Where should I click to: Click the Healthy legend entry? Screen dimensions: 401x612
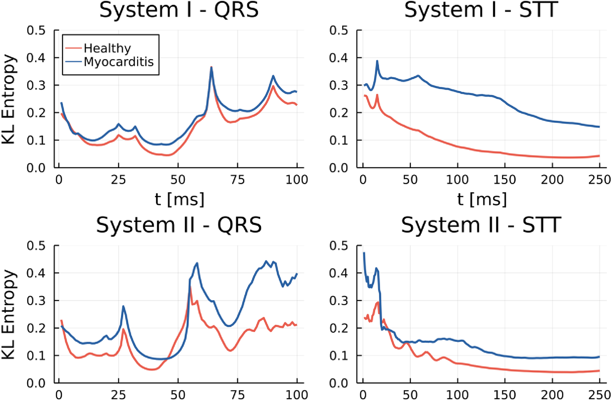point(107,48)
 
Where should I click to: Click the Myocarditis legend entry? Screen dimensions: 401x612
point(118,62)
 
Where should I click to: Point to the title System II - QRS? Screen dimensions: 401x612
point(179,225)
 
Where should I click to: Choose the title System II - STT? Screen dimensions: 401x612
point(482,225)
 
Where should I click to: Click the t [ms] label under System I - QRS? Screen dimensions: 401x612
point(179,199)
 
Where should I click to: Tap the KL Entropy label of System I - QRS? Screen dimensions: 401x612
point(9,99)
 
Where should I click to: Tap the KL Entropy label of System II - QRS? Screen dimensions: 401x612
point(9,314)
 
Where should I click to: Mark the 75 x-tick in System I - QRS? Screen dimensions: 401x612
point(238,180)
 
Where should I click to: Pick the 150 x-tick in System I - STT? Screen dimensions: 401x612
point(505,180)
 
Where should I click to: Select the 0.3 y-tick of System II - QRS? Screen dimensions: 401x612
point(36,300)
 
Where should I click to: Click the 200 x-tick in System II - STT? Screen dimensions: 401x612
point(552,395)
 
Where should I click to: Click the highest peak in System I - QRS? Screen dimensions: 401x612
point(211,68)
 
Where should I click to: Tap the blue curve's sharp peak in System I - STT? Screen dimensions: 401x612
point(377,61)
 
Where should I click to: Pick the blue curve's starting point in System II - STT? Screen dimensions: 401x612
point(364,253)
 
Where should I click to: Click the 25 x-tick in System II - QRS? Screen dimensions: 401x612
point(118,395)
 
